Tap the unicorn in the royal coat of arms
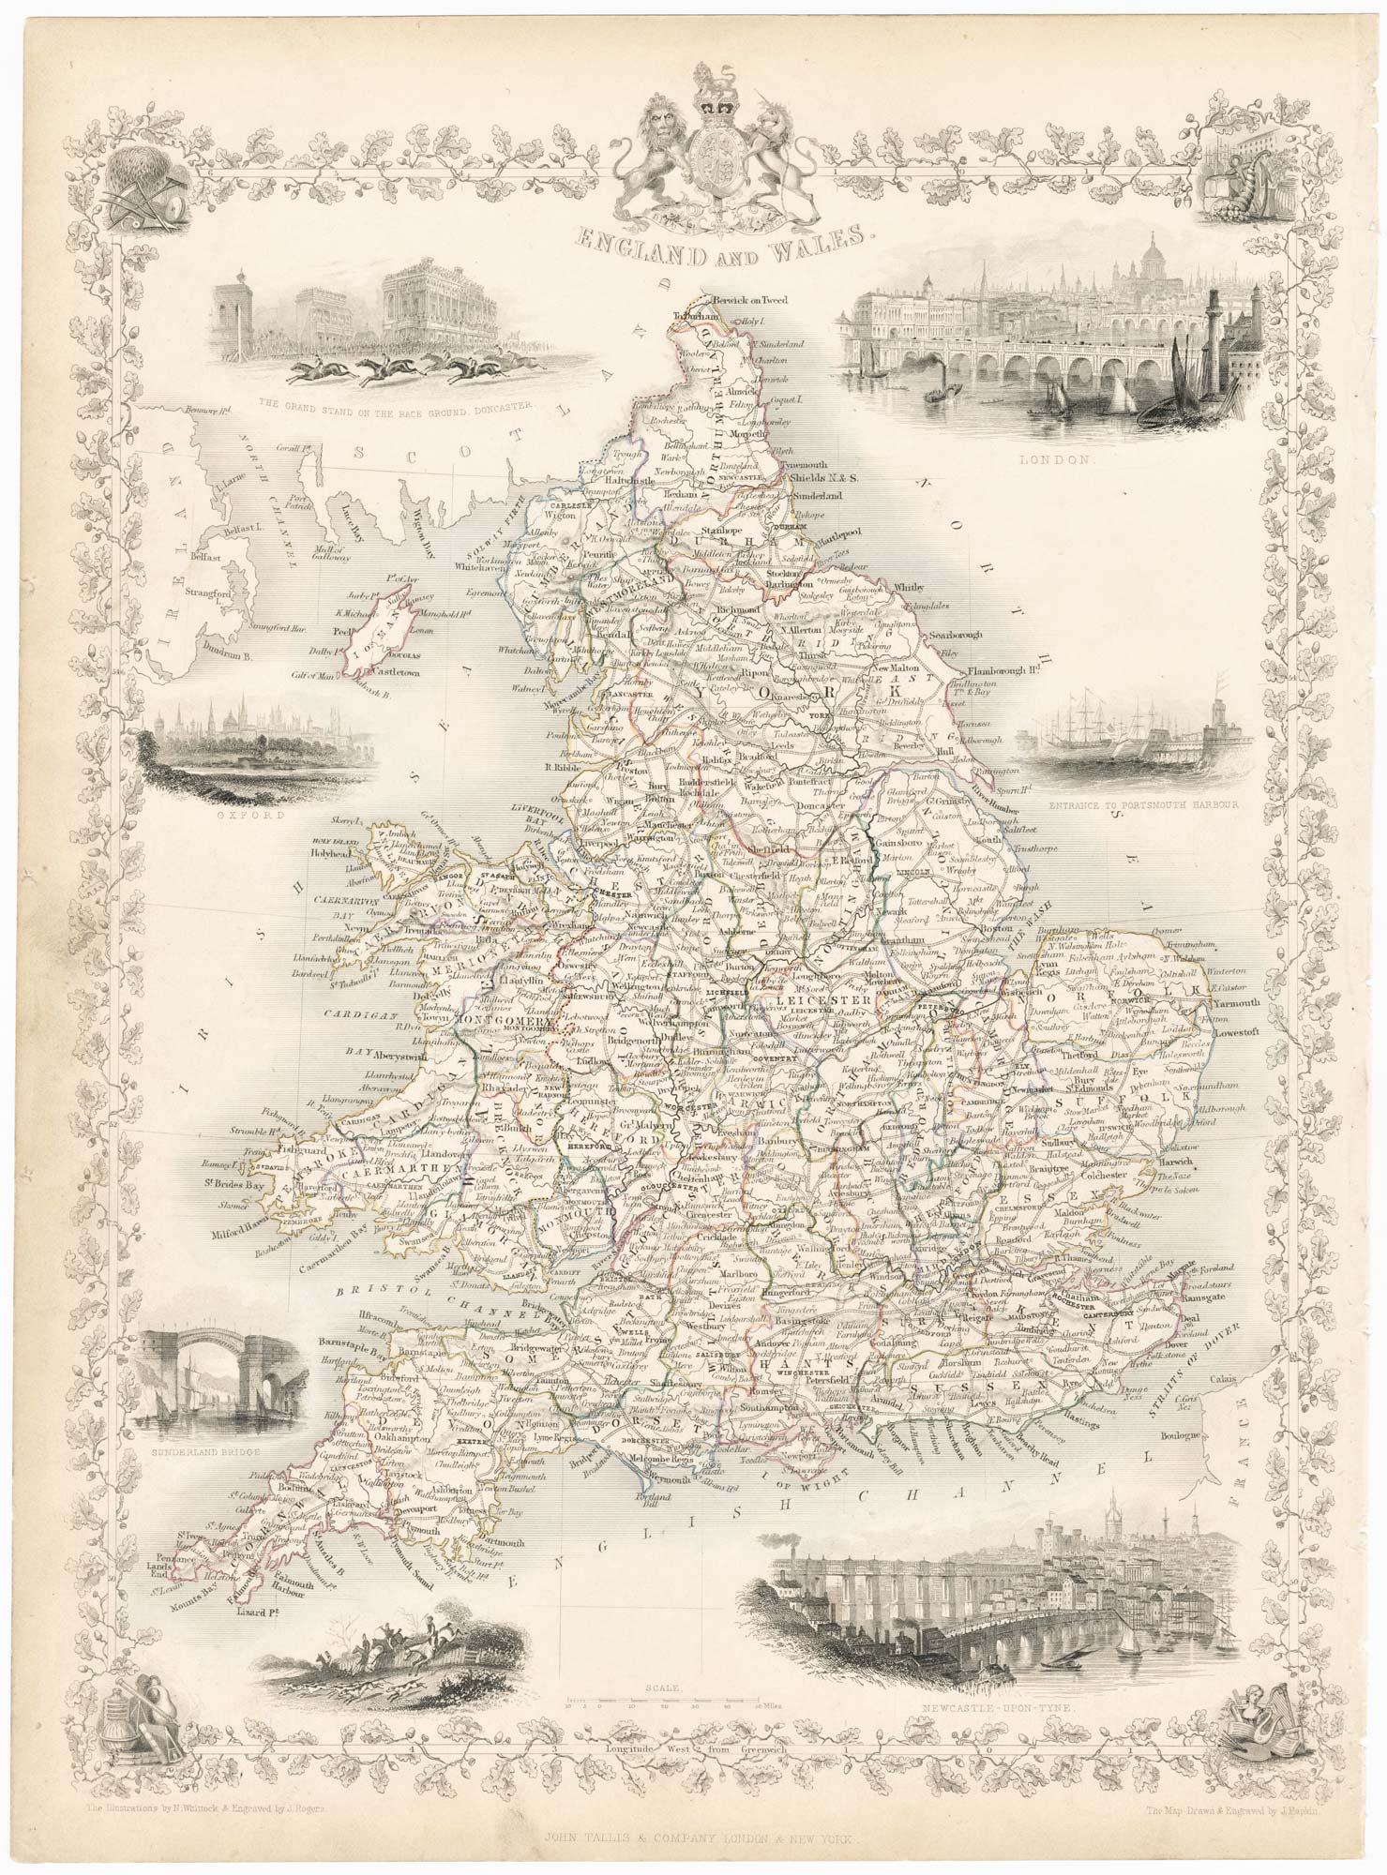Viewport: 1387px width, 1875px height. [786, 148]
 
